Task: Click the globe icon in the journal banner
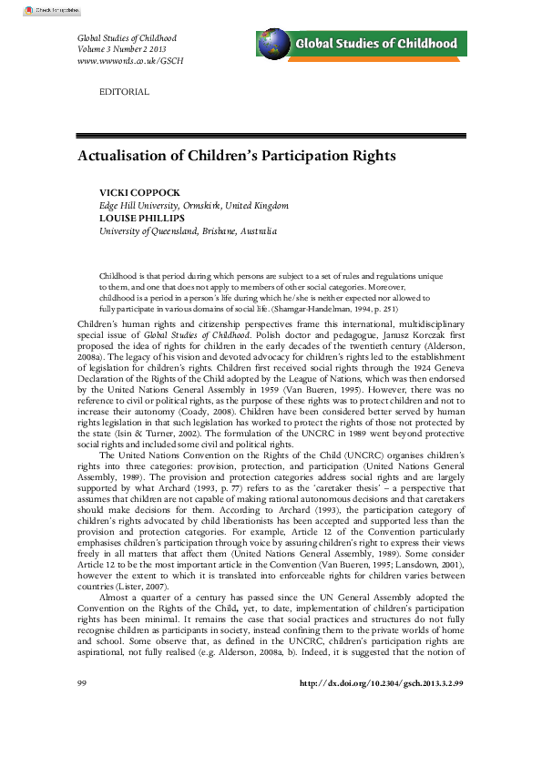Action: [x=274, y=44]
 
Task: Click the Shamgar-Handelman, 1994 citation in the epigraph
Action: [x=350, y=309]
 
